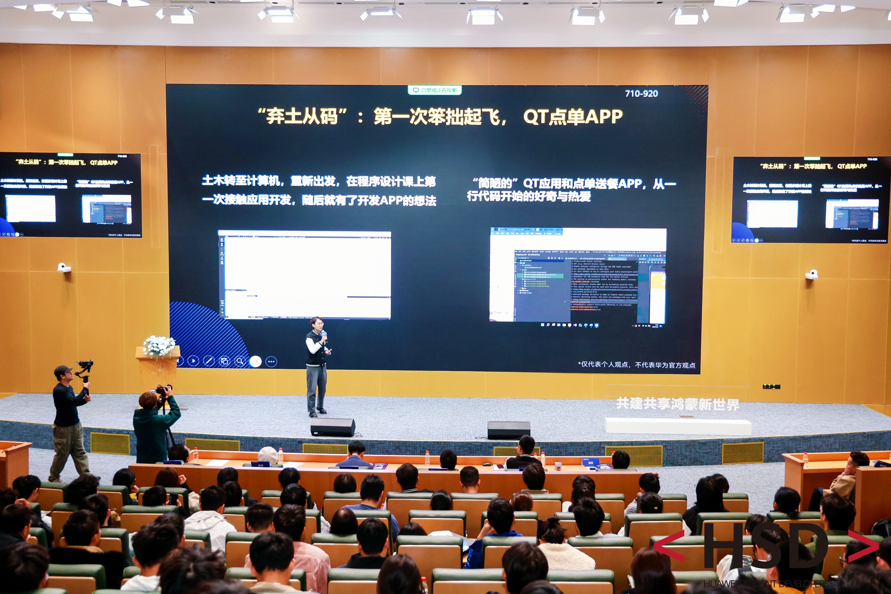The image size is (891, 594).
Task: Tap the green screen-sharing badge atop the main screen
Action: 435,90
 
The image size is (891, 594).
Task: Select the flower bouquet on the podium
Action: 159,346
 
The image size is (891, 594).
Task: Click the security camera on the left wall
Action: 63,267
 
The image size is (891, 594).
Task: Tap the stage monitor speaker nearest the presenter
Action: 332,427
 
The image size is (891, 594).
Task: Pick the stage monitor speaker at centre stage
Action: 508,430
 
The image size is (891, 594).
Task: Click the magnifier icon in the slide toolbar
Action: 240,361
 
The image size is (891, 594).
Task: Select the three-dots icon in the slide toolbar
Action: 271,362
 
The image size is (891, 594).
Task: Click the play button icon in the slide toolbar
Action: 194,361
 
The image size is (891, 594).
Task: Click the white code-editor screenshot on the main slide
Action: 305,275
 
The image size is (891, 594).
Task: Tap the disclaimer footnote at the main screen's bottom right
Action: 636,365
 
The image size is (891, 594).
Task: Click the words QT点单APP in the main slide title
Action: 572,117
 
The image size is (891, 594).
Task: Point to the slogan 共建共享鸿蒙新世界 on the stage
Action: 677,404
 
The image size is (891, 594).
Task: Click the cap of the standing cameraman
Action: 62,370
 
